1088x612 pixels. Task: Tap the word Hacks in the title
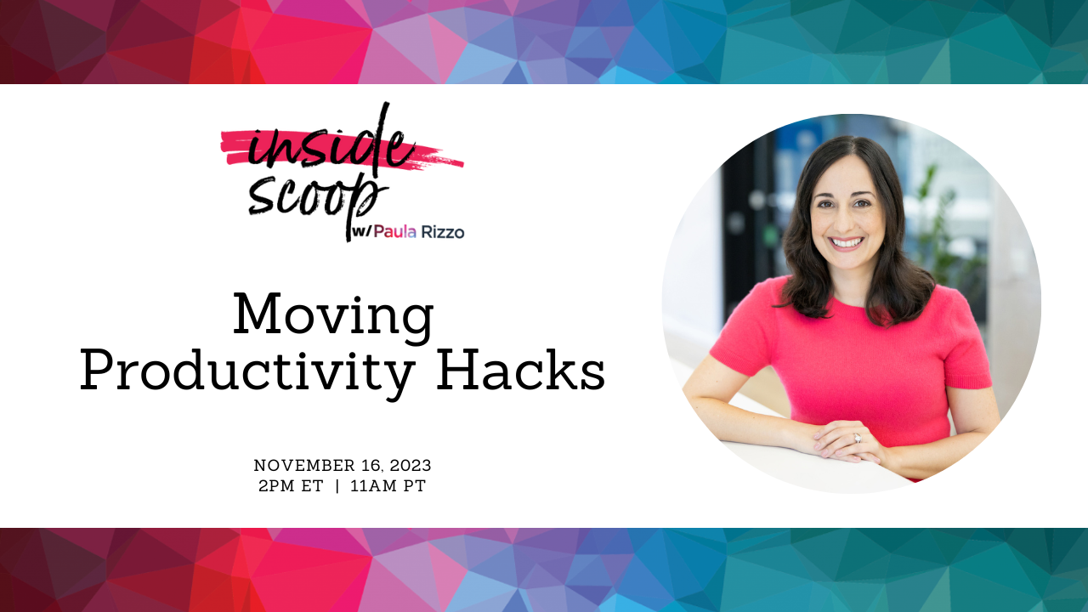tap(521, 369)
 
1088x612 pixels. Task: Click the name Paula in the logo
tap(395, 232)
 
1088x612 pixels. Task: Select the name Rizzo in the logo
tap(443, 232)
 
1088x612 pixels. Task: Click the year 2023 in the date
tap(411, 466)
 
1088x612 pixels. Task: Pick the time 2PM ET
tap(291, 485)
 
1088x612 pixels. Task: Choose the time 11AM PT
tap(388, 485)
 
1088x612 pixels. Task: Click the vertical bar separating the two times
tap(337, 485)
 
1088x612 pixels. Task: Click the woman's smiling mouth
tap(846, 242)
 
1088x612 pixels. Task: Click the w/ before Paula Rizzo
tap(361, 232)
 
